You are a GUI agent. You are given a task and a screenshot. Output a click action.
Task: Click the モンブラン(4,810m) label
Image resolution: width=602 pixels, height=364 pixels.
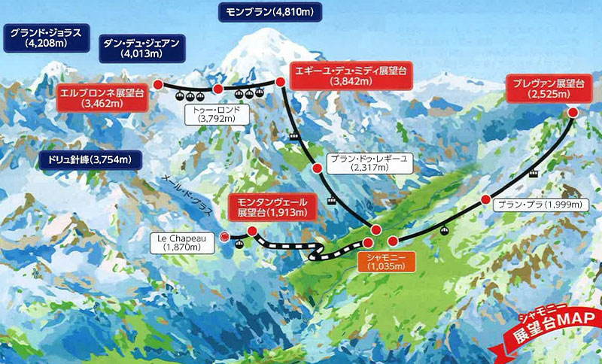269,12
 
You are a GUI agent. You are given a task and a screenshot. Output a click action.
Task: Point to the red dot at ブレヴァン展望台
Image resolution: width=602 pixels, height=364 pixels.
573,112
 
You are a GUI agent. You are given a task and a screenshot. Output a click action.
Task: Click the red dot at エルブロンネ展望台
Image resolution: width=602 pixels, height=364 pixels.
159,85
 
